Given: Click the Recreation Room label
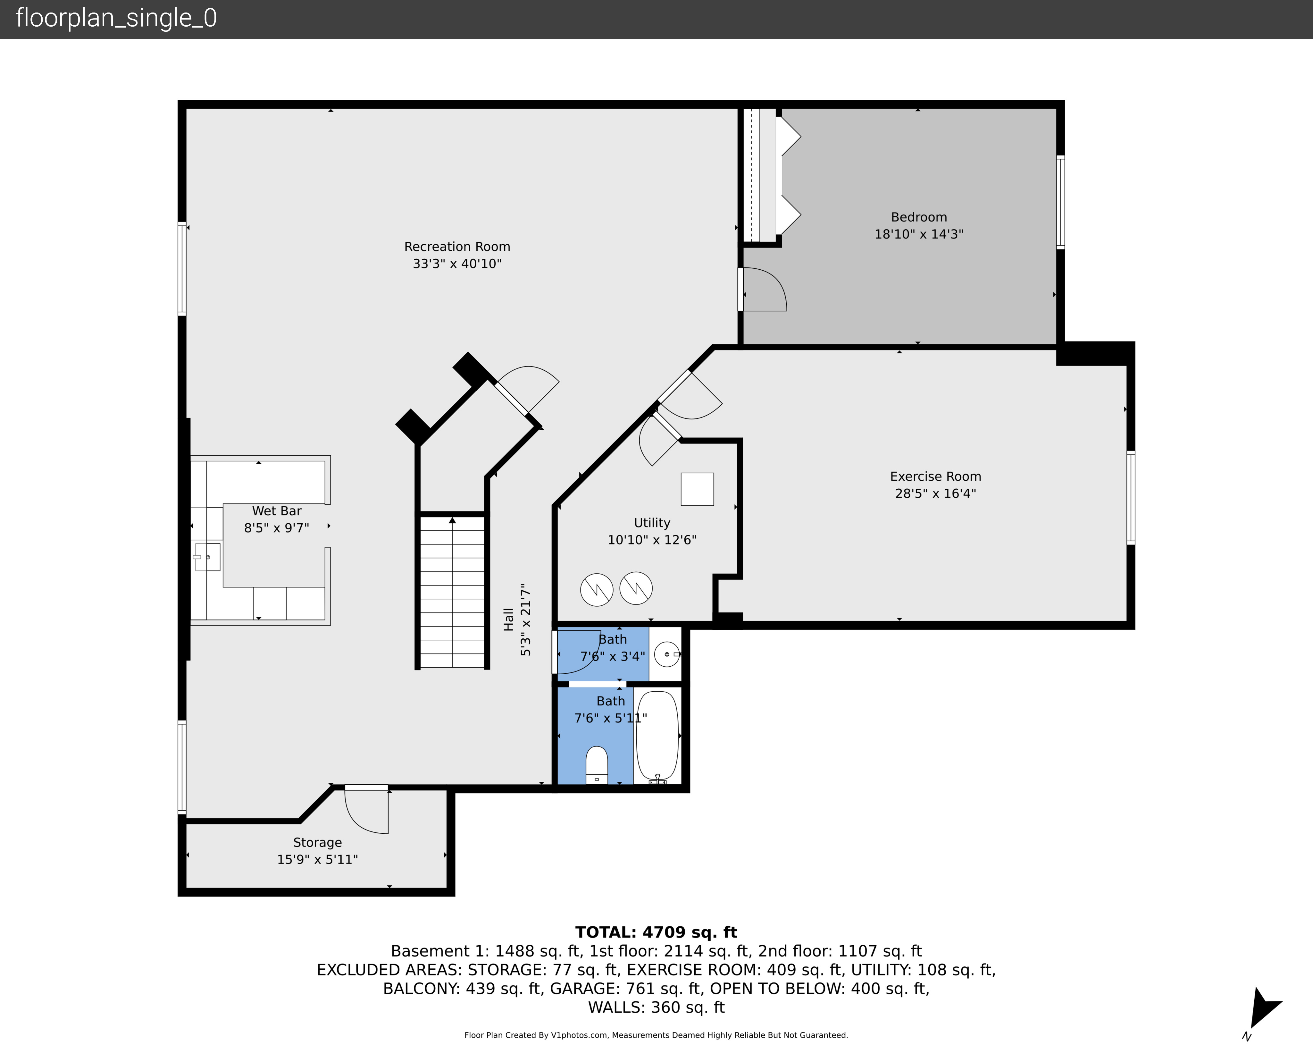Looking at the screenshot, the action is coord(457,247).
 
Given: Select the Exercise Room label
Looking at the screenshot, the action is coord(935,476).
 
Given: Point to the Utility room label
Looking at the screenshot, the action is coord(652,523).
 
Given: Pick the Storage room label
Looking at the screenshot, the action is coord(317,843).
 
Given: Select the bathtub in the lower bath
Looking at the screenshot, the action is coord(657,736).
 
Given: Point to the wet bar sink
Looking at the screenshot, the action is coord(207,557).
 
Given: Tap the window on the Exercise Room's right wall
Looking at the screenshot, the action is coord(1131,497).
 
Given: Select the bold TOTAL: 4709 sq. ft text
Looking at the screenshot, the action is coord(656,932).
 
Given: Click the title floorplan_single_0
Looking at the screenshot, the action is coord(116,18).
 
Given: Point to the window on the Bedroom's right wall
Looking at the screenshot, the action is coord(1060,202).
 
